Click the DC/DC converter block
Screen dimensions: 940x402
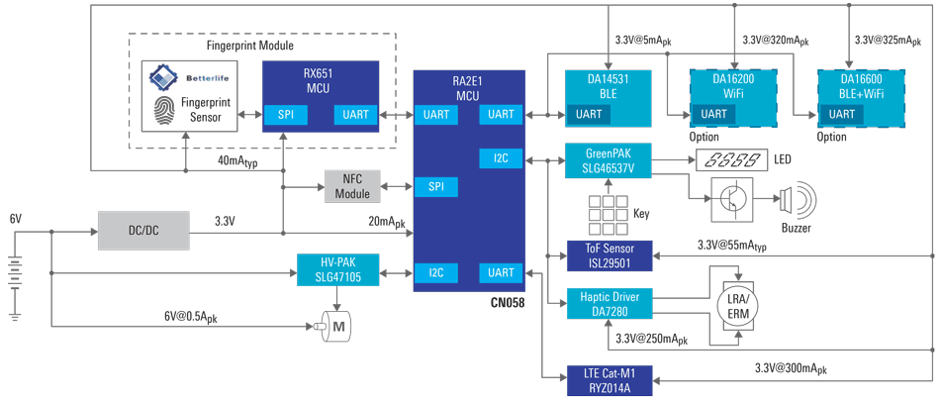143,231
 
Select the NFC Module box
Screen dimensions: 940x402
352,186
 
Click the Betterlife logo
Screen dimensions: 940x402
188,78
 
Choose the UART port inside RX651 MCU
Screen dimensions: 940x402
356,115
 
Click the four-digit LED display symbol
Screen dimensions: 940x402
730,160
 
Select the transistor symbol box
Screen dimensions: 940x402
732,199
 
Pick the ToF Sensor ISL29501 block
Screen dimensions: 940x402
610,255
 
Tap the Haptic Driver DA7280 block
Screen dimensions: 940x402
610,304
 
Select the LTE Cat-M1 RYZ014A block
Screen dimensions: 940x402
610,380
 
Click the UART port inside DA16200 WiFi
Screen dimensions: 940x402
714,114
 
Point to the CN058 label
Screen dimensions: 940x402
509,303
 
